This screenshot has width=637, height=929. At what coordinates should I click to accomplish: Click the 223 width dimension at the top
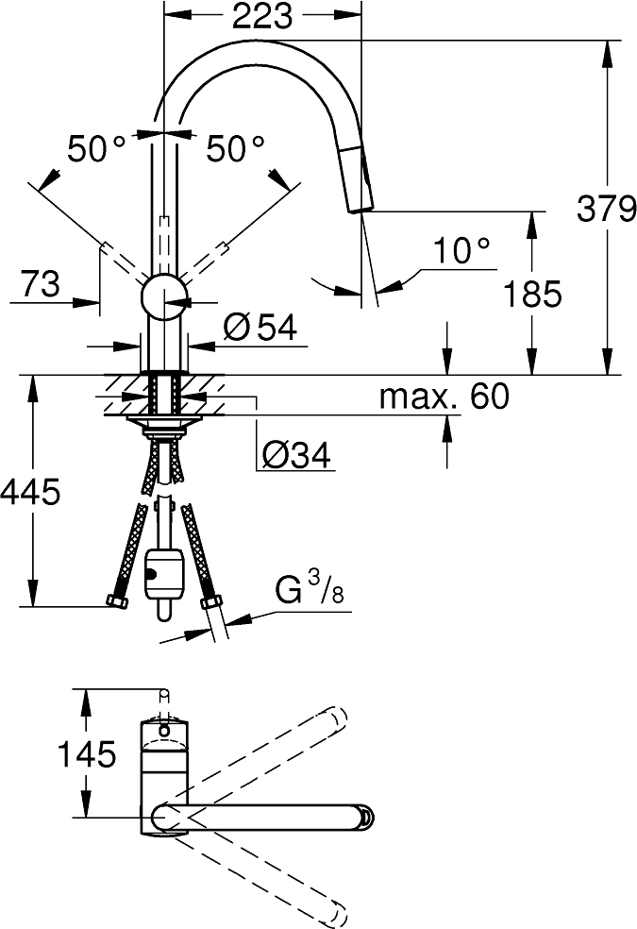(x=262, y=16)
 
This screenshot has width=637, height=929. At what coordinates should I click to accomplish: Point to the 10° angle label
(x=461, y=251)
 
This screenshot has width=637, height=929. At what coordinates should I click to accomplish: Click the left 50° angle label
(x=96, y=148)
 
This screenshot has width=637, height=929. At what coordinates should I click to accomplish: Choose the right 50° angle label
(x=236, y=148)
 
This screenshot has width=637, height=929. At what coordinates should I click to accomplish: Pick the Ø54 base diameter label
(x=260, y=328)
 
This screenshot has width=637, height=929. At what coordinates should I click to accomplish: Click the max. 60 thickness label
(x=444, y=397)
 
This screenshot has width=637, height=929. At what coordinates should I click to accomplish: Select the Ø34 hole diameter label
(x=294, y=456)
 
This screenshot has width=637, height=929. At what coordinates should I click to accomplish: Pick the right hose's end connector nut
(x=211, y=604)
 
